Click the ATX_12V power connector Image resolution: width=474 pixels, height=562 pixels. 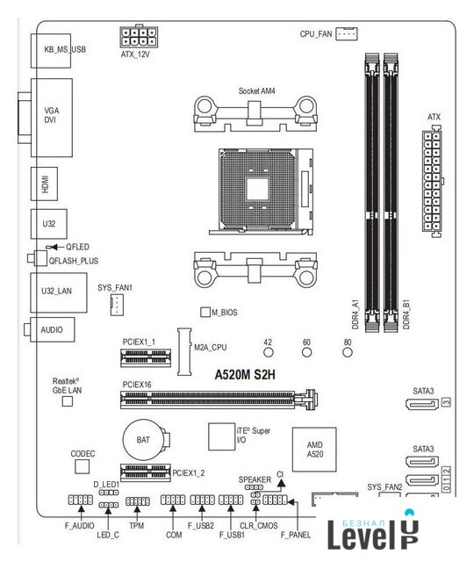[139, 36]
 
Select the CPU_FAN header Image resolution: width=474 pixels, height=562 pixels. [346, 33]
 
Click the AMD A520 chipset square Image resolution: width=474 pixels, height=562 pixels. [314, 450]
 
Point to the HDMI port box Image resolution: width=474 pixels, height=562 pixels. [44, 184]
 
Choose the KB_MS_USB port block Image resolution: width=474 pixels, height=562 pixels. [51, 51]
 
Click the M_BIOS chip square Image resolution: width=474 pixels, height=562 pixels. [205, 312]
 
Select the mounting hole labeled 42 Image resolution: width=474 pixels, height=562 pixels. [269, 352]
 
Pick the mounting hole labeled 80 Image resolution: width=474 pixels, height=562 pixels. [348, 352]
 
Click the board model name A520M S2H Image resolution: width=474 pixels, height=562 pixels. [245, 375]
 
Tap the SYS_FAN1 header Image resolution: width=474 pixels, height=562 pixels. [117, 305]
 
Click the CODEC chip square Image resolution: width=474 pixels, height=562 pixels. [82, 466]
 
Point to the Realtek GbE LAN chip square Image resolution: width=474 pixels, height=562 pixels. [68, 401]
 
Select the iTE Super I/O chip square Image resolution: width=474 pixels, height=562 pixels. [222, 436]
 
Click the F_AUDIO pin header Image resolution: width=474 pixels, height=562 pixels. [80, 500]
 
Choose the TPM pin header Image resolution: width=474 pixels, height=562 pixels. [138, 501]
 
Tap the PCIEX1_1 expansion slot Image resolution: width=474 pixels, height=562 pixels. [146, 357]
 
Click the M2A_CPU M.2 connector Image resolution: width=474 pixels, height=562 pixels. [184, 351]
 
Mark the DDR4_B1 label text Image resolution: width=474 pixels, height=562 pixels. [406, 314]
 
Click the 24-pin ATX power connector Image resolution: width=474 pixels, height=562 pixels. [432, 182]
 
